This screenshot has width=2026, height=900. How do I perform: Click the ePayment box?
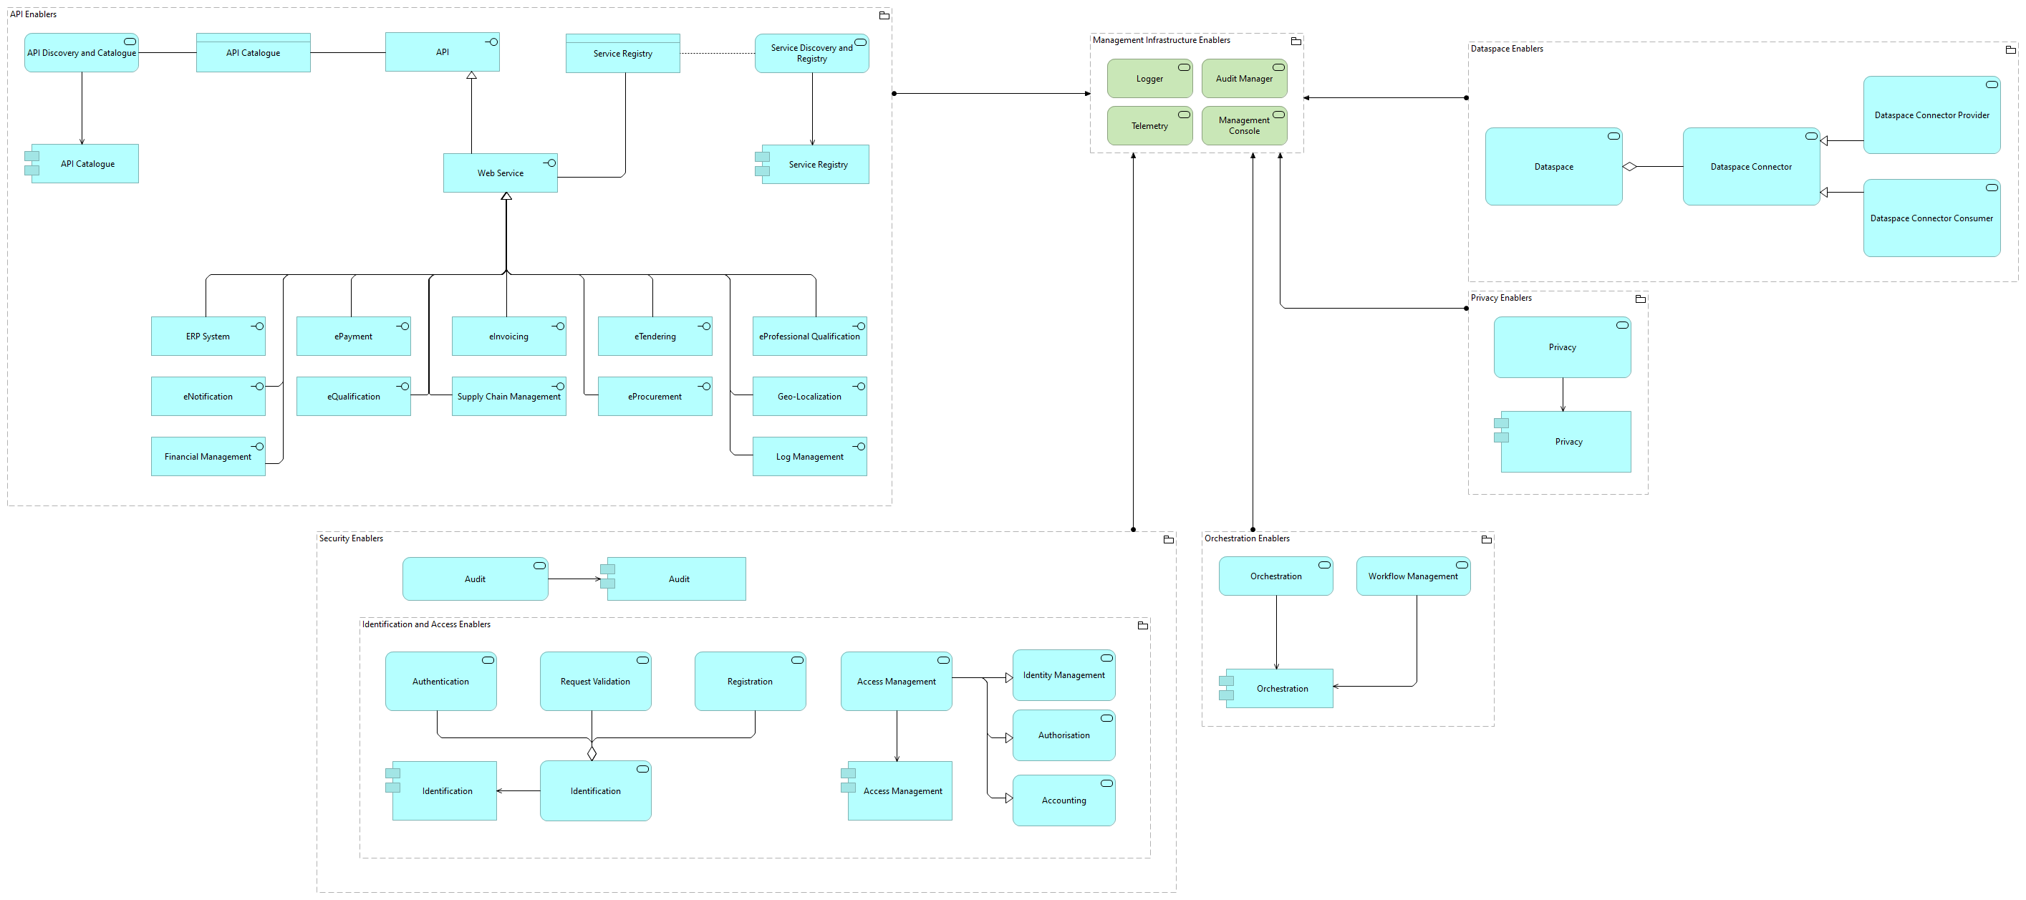[353, 337]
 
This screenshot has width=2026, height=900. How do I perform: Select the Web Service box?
[500, 173]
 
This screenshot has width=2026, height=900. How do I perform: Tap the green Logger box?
[1149, 79]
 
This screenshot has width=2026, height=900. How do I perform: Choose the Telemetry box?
[1149, 126]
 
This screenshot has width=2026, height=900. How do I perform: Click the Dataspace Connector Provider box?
[1931, 115]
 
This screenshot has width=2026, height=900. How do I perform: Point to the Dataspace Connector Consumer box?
[1931, 218]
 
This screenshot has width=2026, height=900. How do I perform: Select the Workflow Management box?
[1412, 576]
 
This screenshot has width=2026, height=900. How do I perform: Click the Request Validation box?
[594, 682]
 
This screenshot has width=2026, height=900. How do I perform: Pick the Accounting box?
[1063, 800]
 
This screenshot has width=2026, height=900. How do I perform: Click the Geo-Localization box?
[809, 397]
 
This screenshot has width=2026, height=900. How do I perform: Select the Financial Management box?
[208, 457]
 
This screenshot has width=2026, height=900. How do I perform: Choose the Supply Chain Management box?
[509, 397]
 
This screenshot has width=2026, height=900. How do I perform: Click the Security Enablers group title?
[351, 538]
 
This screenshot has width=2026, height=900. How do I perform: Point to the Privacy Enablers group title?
[1500, 298]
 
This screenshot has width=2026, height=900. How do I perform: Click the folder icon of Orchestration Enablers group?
[1486, 539]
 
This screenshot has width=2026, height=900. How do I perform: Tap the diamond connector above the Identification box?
[592, 753]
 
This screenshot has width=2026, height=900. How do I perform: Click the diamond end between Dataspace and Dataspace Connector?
[1630, 167]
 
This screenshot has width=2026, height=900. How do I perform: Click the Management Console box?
[1243, 126]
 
